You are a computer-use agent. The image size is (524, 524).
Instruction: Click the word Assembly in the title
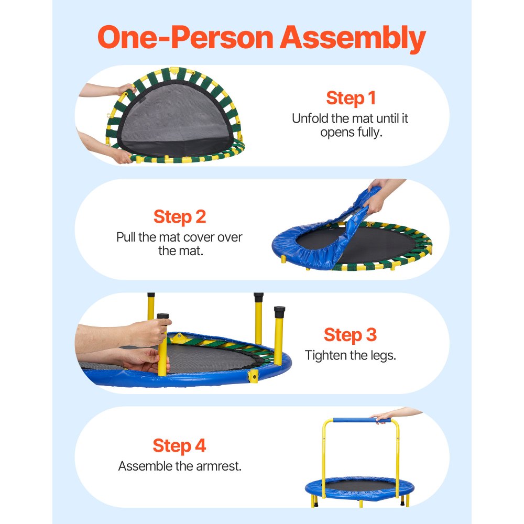(x=352, y=38)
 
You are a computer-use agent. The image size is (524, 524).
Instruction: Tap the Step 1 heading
(x=351, y=98)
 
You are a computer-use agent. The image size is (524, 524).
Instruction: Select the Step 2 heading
(x=180, y=216)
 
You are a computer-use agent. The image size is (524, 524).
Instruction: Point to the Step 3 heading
(x=350, y=334)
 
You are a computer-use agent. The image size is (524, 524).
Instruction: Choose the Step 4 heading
(x=180, y=445)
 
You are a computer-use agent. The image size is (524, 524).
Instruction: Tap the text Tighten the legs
(x=350, y=355)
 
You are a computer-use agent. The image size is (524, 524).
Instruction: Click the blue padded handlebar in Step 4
(x=352, y=420)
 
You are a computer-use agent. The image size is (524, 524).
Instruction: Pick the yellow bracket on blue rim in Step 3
(x=254, y=376)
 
